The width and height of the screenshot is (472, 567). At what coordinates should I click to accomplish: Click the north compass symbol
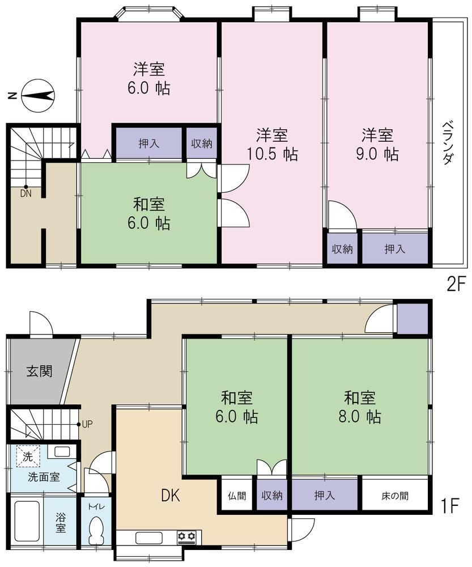point(37,96)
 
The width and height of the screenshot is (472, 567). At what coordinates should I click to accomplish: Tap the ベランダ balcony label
point(448,143)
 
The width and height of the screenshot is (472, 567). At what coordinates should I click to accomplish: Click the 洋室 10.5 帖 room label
point(272,144)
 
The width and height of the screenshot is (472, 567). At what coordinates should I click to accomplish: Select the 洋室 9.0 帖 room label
point(377,144)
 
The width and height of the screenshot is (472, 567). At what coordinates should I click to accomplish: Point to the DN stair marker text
point(25,193)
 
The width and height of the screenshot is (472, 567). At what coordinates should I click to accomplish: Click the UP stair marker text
point(87,424)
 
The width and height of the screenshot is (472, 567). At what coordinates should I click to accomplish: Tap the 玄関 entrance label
point(40,371)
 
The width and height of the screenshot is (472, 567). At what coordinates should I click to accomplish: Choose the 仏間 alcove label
point(237,496)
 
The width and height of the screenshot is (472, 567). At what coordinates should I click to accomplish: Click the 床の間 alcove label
point(395,496)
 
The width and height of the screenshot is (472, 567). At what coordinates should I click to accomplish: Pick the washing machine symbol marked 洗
point(27,456)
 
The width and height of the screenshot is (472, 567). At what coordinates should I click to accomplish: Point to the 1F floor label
point(449,506)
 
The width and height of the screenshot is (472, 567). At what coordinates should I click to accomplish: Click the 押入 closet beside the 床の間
point(325,495)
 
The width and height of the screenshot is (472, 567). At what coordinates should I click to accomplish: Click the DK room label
point(170,496)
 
